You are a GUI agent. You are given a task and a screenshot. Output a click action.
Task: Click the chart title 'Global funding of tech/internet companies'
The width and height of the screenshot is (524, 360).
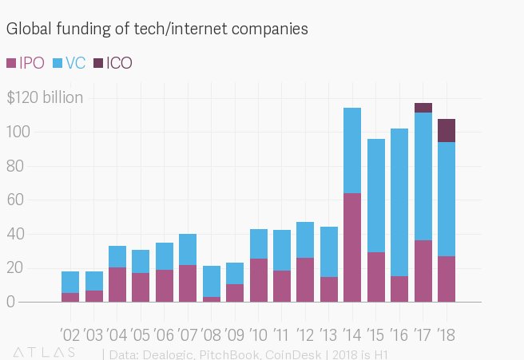[x=157, y=30]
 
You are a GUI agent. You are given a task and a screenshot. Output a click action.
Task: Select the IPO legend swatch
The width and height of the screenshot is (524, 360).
[x=11, y=63]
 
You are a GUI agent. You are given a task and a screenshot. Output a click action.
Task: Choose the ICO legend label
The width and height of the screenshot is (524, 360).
[x=119, y=63]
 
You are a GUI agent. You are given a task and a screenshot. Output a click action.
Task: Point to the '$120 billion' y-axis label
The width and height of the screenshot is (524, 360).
[x=45, y=98]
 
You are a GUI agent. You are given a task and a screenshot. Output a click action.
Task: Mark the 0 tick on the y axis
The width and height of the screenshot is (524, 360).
[x=11, y=303]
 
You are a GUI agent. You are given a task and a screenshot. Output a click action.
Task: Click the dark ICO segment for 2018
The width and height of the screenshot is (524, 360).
[x=447, y=130]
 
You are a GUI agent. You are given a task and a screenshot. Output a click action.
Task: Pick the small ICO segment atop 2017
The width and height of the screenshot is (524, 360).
[x=423, y=108]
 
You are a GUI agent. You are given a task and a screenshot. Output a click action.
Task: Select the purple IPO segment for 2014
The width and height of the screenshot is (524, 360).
[x=352, y=247]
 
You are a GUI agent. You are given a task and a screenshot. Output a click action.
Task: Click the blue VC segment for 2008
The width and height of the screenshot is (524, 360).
[x=212, y=281]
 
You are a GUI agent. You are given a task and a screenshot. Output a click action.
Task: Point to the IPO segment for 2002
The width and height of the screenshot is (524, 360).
[x=70, y=297]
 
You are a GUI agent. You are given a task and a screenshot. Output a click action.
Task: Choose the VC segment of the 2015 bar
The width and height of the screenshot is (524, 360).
[x=376, y=196]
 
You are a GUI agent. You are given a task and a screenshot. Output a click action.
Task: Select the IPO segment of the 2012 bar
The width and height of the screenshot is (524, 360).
[x=305, y=279]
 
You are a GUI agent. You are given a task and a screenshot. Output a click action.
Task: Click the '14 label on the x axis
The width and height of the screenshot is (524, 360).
[x=352, y=334]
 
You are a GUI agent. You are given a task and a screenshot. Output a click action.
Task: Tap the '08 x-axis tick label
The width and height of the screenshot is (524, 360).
[x=212, y=334]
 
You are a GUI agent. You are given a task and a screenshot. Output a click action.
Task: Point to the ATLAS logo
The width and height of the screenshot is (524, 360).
[x=44, y=352]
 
